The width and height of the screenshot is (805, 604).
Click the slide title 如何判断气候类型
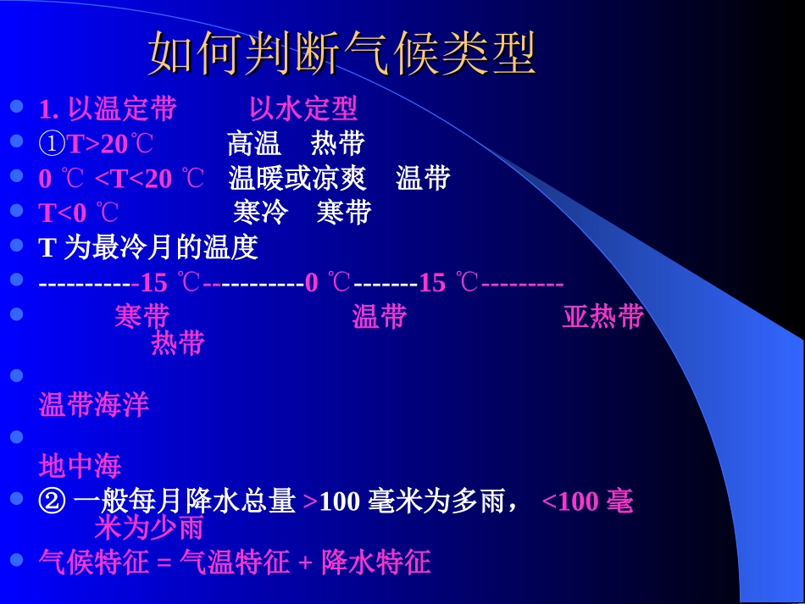342,55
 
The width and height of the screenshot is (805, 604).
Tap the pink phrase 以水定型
303,109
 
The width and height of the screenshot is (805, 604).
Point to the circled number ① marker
53,145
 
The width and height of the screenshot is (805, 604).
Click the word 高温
254,145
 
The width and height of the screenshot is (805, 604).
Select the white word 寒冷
260,213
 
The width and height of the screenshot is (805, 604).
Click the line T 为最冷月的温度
148,247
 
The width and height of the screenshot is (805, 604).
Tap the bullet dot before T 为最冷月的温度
17,246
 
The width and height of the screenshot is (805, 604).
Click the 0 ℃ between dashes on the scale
327,282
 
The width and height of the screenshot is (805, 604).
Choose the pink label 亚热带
602,317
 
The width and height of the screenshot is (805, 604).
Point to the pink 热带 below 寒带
178,343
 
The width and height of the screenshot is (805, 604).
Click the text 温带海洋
94,405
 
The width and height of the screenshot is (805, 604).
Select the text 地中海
80,466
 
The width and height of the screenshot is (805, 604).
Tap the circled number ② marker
52,501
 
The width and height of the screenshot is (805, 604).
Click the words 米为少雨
149,528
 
